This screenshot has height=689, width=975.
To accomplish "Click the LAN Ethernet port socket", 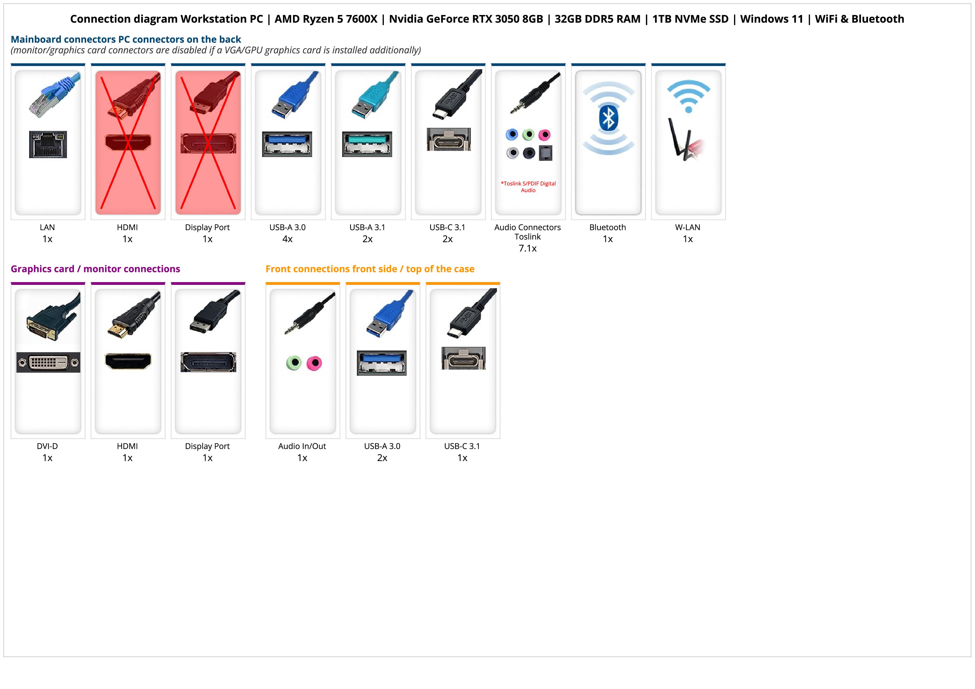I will tap(48, 144).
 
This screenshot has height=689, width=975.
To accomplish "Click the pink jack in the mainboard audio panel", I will tap(544, 135).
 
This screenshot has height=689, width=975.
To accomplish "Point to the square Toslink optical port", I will tap(545, 153).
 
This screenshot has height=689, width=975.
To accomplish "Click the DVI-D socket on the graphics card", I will tap(48, 362).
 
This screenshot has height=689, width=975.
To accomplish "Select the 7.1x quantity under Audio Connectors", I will tap(528, 248).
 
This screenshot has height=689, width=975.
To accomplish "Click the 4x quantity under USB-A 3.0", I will tap(287, 239).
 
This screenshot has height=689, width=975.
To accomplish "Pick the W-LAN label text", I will tap(688, 227).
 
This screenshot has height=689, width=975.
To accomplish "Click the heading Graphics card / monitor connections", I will tap(95, 269).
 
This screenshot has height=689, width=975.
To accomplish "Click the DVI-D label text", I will tap(47, 446).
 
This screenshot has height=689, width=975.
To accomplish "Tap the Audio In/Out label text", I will tap(302, 446).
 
